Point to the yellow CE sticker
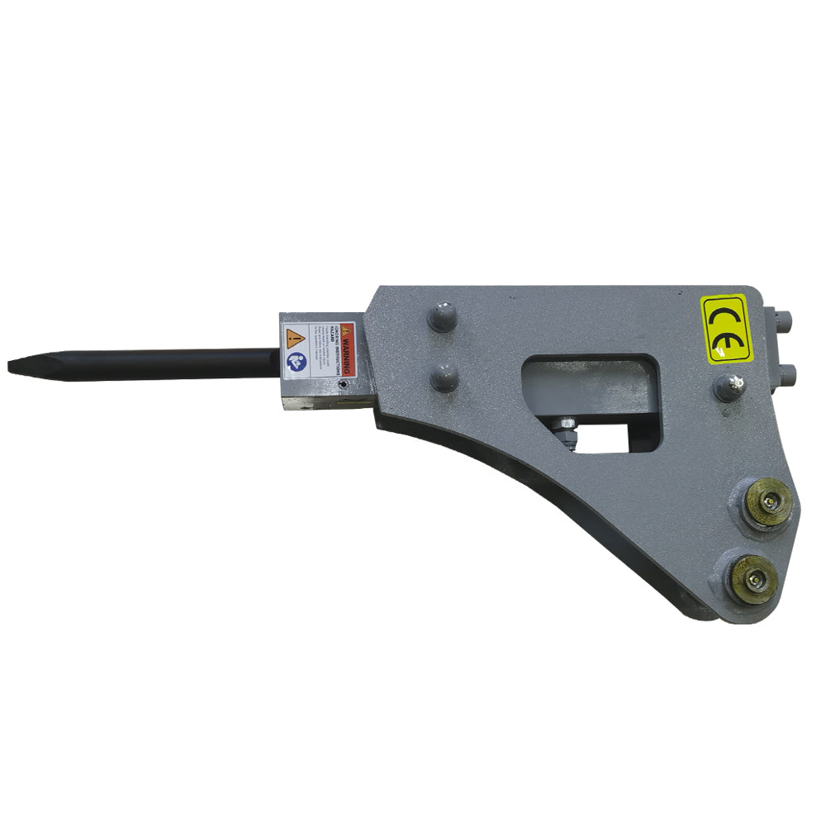point(728,327)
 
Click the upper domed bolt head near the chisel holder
point(441,316)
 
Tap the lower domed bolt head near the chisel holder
point(444,377)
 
